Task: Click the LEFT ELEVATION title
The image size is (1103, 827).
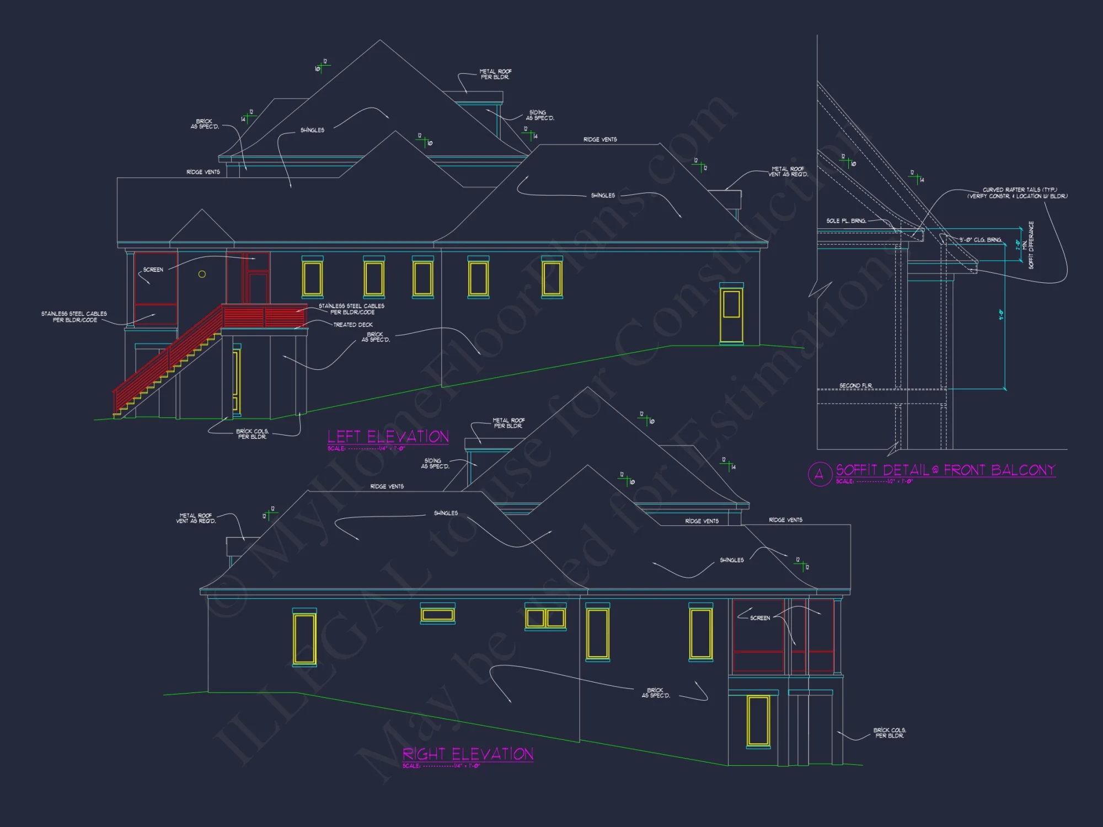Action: click(x=388, y=437)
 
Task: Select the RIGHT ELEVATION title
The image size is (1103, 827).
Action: click(x=468, y=754)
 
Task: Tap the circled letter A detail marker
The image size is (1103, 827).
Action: click(x=819, y=474)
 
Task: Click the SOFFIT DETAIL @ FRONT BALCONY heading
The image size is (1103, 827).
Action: click(x=945, y=470)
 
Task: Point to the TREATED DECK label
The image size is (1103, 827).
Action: click(x=353, y=325)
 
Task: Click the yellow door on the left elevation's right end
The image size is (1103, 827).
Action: click(x=731, y=314)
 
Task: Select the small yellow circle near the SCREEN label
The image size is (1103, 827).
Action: click(x=202, y=274)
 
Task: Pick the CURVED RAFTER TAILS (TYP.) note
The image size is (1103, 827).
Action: click(x=1017, y=193)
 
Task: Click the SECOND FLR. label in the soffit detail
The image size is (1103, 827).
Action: click(x=855, y=385)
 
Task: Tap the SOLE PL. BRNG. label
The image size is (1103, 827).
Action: click(x=846, y=221)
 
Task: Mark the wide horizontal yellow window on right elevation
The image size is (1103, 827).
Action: click(x=437, y=615)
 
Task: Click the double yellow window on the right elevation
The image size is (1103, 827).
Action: click(x=545, y=618)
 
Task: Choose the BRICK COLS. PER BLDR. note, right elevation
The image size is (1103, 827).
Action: click(x=889, y=733)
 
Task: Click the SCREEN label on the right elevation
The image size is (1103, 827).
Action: click(x=760, y=618)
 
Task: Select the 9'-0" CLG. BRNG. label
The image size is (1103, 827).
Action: click(x=980, y=240)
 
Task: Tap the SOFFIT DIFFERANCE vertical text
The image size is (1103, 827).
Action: click(x=1031, y=245)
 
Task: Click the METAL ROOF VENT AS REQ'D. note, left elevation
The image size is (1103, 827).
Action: click(x=788, y=171)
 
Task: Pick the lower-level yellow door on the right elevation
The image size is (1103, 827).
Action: click(x=758, y=721)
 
